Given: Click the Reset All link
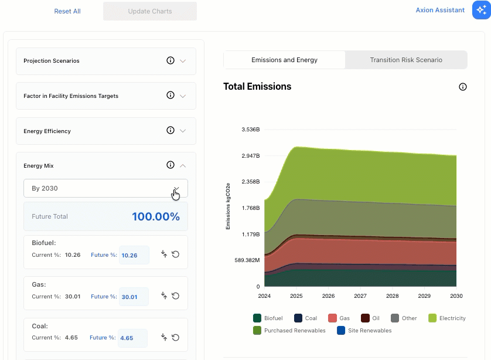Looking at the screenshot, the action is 67,11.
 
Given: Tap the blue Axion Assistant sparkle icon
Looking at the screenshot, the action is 481,10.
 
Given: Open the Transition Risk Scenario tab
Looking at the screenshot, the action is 406,60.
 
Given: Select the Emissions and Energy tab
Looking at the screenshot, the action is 284,60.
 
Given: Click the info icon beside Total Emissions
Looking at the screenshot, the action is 462,87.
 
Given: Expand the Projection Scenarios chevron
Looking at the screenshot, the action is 183,61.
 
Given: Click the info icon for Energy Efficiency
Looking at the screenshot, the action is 171,130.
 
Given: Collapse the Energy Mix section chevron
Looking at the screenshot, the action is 183,165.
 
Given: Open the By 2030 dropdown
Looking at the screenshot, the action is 106,188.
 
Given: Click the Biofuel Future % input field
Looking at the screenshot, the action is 134,255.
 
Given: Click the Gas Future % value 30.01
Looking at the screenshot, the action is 129,297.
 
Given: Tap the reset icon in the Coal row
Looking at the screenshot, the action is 176,338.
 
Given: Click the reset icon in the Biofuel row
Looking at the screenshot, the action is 176,254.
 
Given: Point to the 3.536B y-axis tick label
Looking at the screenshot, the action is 251,130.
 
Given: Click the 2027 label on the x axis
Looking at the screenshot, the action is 360,296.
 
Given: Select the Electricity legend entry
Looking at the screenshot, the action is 447,318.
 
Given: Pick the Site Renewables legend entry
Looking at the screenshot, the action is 364,331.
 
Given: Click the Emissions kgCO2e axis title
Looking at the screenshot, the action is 228,206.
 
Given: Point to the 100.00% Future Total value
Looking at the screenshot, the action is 156,216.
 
